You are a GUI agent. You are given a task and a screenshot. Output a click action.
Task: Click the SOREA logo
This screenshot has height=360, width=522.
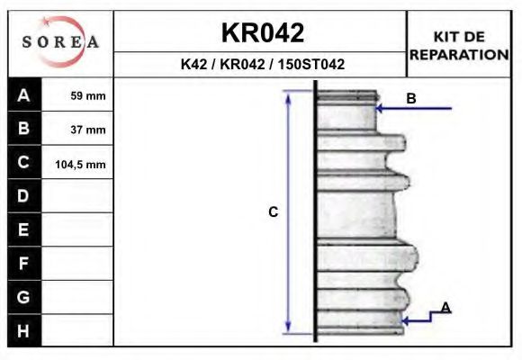click(x=60, y=42)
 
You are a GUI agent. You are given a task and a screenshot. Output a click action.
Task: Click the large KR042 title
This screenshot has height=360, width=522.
click(x=262, y=32)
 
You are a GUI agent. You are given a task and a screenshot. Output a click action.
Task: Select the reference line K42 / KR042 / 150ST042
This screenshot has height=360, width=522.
click(x=262, y=65)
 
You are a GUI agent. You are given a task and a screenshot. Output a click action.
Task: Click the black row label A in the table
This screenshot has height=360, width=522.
click(x=23, y=95)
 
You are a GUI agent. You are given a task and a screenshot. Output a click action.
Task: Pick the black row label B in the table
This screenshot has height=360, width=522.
click(x=23, y=129)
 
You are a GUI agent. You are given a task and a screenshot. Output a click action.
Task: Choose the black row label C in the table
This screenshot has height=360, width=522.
click(x=23, y=163)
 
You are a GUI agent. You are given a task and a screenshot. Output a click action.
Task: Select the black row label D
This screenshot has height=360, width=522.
click(x=23, y=196)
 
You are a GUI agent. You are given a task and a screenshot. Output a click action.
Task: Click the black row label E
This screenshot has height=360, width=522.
click(x=23, y=230)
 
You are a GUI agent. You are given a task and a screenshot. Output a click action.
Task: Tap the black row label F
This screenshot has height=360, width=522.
click(x=23, y=264)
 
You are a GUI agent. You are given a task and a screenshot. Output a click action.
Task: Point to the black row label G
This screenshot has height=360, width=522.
click(x=23, y=297)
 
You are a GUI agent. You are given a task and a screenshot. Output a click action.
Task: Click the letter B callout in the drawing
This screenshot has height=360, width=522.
click(x=411, y=99)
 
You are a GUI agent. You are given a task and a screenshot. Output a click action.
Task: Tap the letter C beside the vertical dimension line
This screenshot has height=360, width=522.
click(x=274, y=212)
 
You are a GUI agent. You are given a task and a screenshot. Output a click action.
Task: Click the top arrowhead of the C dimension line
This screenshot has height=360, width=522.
click(x=288, y=94)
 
